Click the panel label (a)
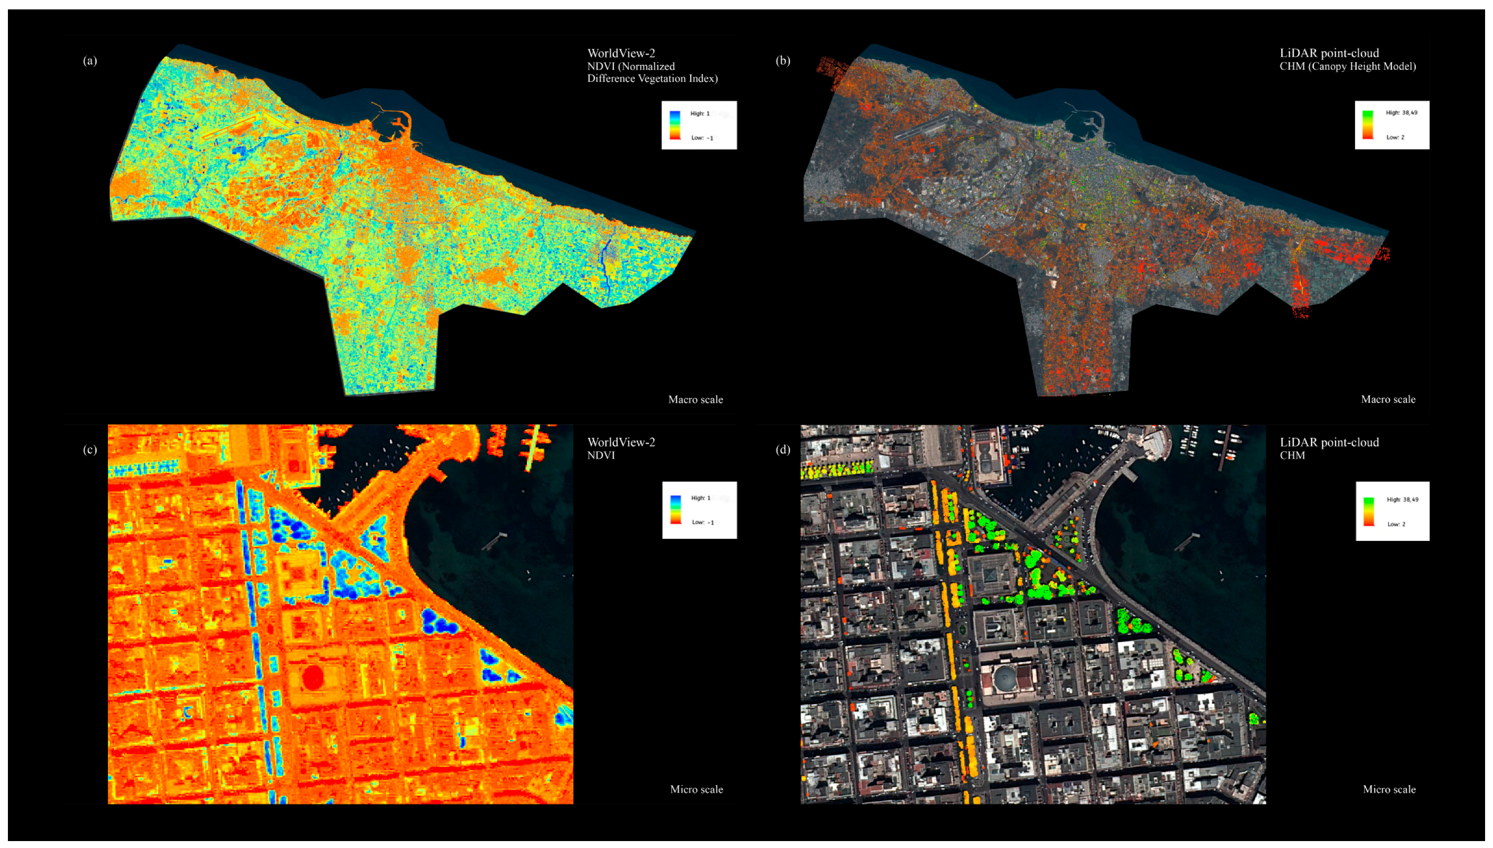[x=90, y=60]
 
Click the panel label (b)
[x=783, y=60]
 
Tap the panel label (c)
[x=90, y=449]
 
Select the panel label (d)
[x=783, y=449]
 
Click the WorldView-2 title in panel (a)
[x=621, y=53]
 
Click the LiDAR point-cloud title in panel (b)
[x=1329, y=53]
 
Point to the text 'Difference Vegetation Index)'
[x=652, y=79]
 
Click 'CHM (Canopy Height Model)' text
[x=1348, y=66]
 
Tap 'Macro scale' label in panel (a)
[x=696, y=400]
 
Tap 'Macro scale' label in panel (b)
[x=1388, y=400]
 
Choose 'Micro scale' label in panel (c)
[x=696, y=790]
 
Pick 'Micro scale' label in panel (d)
[x=1389, y=790]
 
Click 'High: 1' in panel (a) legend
[x=700, y=114]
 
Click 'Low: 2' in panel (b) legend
[x=1395, y=137]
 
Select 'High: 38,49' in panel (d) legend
[x=1402, y=500]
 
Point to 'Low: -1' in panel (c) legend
[x=702, y=523]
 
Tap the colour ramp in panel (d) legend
[x=1368, y=512]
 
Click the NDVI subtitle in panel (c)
[x=601, y=455]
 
